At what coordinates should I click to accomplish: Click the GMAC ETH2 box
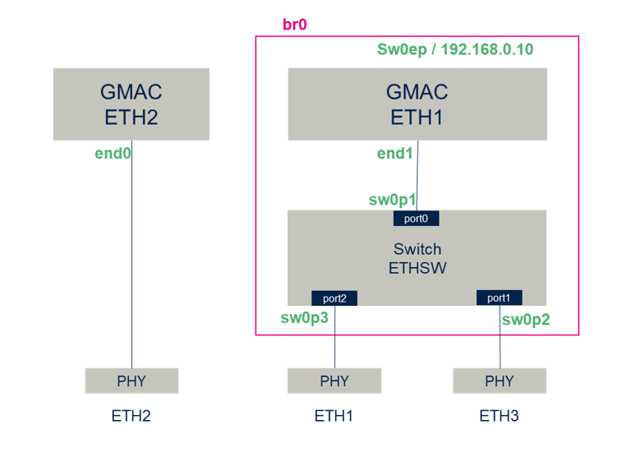[x=131, y=104]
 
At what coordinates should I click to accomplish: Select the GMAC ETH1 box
[x=417, y=104]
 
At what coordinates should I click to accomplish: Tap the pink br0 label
[x=294, y=25]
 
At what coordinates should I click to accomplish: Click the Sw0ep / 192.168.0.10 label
[x=454, y=50]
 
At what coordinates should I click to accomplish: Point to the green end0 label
[x=113, y=153]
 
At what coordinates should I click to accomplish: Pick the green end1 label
[x=395, y=153]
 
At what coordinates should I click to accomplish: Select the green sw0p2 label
[x=525, y=320]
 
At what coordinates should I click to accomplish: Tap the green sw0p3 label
[x=305, y=318]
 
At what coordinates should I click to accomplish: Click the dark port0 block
[x=417, y=219]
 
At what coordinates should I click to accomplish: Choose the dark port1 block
[x=500, y=298]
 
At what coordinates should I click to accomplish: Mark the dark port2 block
[x=334, y=298]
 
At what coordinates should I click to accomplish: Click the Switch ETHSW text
[x=417, y=257]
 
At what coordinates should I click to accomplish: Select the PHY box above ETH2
[x=131, y=381]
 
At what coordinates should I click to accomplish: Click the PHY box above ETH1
[x=334, y=381]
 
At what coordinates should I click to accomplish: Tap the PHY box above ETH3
[x=500, y=381]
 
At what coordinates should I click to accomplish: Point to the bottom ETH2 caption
[x=131, y=417]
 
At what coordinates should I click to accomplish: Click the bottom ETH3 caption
[x=500, y=417]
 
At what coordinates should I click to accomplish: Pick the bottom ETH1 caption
[x=334, y=417]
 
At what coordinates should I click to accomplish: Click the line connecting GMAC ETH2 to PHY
[x=131, y=263]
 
